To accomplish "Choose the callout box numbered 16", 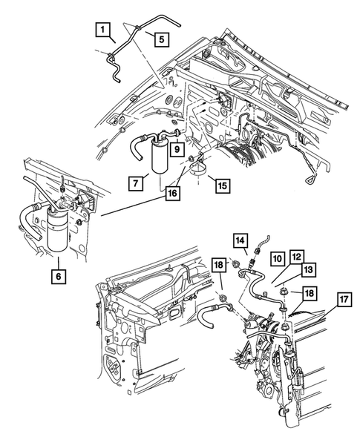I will [172, 191].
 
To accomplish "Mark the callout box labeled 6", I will [57, 276].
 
